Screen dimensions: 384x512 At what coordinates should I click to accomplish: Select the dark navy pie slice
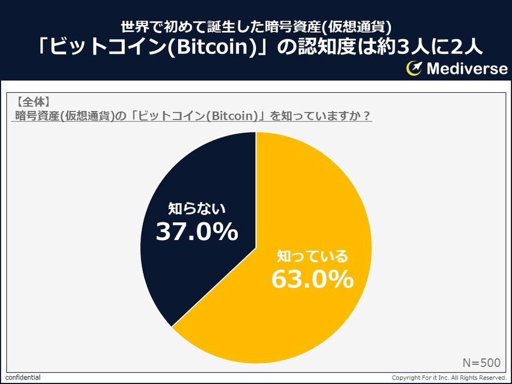(x=188, y=171)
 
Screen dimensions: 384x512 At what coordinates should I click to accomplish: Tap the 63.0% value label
(x=312, y=279)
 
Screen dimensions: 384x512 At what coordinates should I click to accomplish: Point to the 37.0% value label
(x=197, y=232)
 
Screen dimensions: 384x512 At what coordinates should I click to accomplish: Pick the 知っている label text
(x=312, y=255)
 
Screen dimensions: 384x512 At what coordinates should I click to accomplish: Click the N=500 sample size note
(x=481, y=362)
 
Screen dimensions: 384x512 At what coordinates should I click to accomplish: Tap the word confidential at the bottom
(x=23, y=378)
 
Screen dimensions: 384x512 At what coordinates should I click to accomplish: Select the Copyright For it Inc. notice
(x=449, y=378)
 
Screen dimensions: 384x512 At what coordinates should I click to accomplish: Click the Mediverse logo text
(x=466, y=69)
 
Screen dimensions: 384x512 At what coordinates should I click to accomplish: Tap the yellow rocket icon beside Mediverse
(x=414, y=69)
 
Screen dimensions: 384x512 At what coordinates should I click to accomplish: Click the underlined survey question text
(x=192, y=116)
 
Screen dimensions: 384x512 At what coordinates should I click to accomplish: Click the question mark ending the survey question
(x=367, y=116)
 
